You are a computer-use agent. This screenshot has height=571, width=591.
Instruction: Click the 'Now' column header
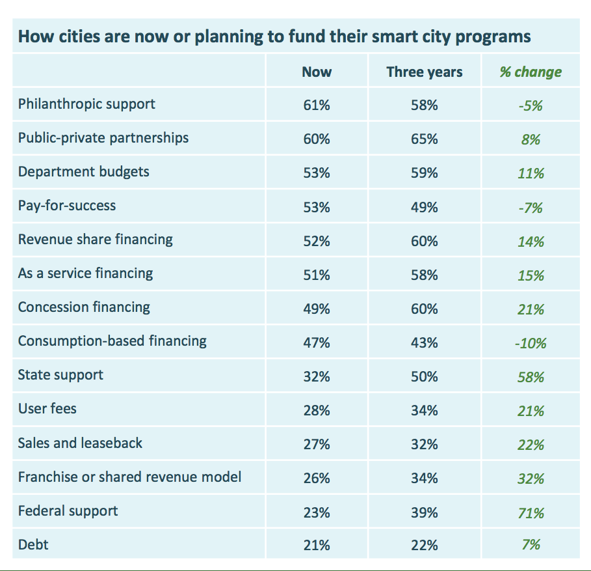[317, 72]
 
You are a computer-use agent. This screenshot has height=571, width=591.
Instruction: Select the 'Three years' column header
[424, 72]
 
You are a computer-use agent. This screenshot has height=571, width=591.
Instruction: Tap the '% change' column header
[531, 72]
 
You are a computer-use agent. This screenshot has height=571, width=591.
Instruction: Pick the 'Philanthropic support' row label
[86, 104]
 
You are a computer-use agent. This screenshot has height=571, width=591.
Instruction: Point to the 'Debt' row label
[33, 544]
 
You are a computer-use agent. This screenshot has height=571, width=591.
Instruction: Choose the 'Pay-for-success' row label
[67, 206]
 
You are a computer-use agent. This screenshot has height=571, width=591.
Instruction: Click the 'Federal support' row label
[68, 510]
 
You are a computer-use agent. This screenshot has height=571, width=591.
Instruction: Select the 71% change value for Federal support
[531, 513]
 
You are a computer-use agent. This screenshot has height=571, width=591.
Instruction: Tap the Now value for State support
[317, 376]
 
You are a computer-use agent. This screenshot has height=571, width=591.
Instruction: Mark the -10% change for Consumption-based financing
[531, 342]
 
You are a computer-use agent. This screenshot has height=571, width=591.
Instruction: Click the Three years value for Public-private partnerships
[424, 139]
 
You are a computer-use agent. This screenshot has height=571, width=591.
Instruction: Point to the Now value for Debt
[317, 546]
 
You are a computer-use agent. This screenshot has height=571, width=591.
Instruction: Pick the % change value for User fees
[531, 411]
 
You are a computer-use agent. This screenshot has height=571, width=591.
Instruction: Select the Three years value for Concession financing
[424, 309]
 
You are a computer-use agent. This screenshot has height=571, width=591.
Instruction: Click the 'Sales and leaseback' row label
[80, 443]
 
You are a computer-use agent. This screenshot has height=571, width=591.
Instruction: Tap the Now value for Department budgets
[317, 173]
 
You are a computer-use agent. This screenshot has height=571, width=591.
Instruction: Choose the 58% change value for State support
[531, 377]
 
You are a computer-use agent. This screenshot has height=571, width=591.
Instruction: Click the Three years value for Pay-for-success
[424, 207]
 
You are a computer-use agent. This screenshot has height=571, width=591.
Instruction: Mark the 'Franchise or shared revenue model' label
[129, 477]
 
